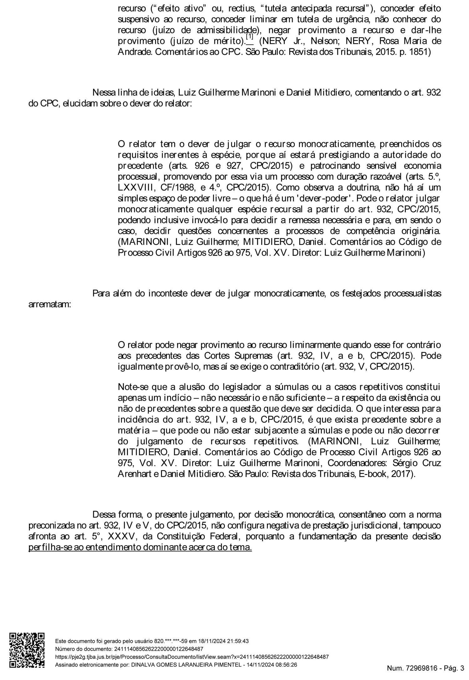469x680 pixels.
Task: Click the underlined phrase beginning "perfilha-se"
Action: pos(140,547)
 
